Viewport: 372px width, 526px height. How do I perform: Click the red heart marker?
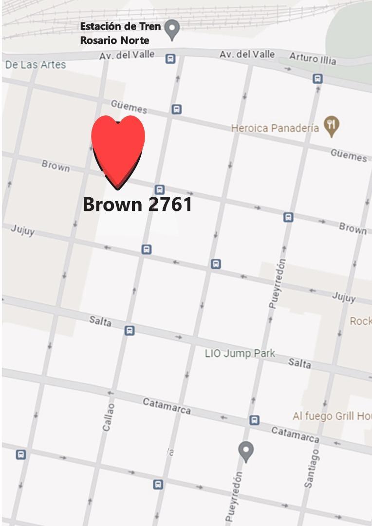tap(118, 149)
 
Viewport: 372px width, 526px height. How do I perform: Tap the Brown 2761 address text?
tap(137, 204)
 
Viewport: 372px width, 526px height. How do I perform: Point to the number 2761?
tap(170, 204)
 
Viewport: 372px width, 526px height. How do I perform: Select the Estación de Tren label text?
tap(120, 26)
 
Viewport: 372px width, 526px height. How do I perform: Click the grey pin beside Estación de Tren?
tap(171, 30)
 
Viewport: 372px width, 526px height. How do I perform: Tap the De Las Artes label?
tap(36, 64)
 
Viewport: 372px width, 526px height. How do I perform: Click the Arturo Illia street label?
tap(313, 58)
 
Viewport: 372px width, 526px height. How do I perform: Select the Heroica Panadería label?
tap(275, 128)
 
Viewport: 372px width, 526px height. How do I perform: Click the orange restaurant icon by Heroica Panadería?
tap(332, 126)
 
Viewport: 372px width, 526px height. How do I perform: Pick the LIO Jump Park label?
tap(240, 353)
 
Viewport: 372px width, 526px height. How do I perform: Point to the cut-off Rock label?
tap(361, 321)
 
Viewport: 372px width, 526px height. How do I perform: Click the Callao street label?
tap(109, 416)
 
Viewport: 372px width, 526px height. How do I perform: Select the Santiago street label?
tap(312, 468)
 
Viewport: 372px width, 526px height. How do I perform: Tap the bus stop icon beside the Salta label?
tap(130, 330)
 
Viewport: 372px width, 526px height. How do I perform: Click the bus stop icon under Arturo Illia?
tap(317, 78)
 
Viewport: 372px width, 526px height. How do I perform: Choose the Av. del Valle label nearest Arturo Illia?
tap(247, 54)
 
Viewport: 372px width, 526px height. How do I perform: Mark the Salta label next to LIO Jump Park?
tap(299, 363)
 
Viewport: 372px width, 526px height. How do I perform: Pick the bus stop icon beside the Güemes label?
tap(177, 110)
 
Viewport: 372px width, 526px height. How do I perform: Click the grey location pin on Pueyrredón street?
tap(246, 451)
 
